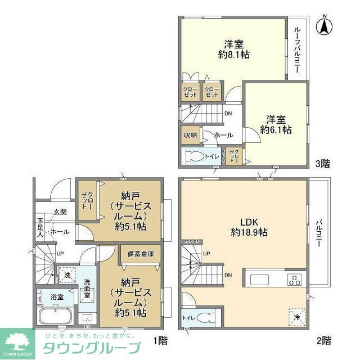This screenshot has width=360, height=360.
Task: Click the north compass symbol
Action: [324, 25]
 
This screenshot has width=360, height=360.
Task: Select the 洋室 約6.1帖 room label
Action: [276, 124]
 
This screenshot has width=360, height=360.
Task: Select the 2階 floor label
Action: [323, 340]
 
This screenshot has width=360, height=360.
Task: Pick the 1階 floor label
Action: [160, 340]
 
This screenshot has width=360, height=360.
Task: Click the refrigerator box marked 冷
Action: [296, 317]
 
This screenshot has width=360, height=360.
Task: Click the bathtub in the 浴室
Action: [53, 315]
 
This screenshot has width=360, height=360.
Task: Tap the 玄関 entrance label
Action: [60, 212]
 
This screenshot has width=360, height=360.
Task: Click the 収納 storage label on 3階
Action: [190, 135]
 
